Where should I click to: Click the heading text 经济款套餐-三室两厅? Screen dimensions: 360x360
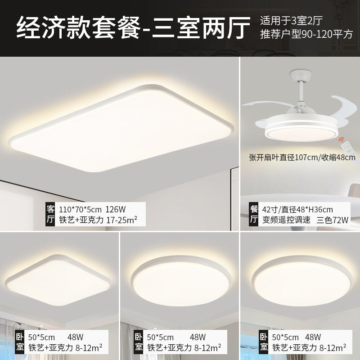pos(133,28)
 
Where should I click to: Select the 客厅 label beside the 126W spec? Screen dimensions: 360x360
pos(50,214)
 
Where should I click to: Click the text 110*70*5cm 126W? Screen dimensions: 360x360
pos(88,209)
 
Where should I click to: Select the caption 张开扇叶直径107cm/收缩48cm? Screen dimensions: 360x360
pos(302,157)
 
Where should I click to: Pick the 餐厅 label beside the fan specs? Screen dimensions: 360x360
pos(253,214)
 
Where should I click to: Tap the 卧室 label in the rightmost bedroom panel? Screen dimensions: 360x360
pos(262,342)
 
